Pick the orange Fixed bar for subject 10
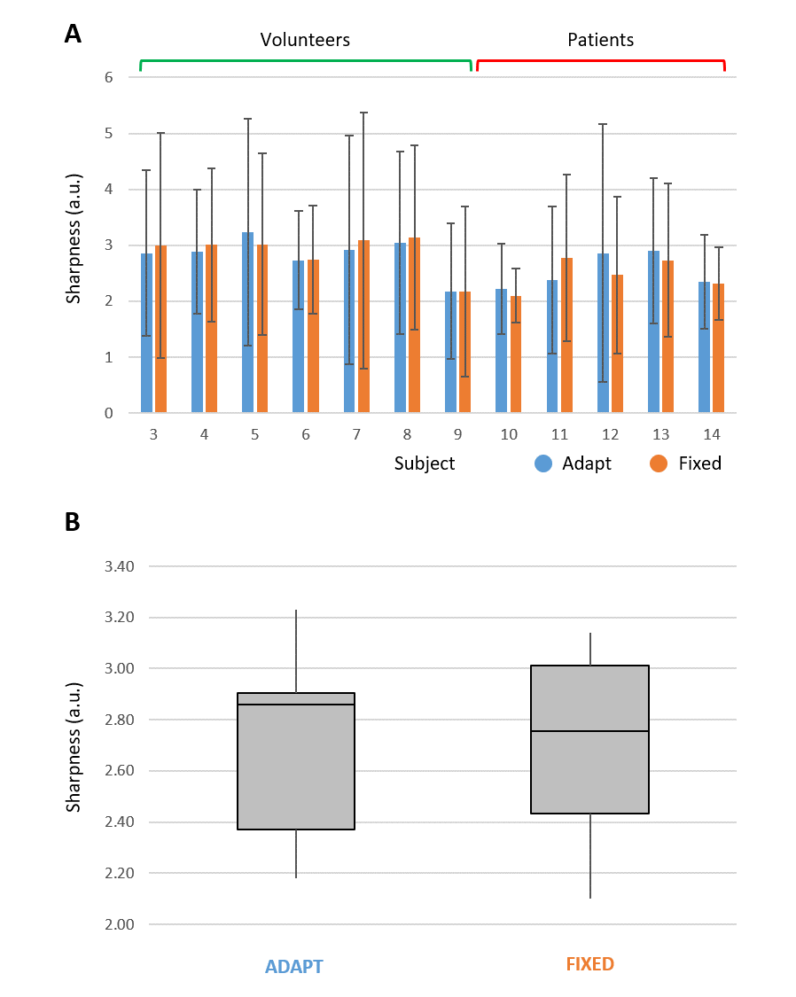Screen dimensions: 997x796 click(x=516, y=354)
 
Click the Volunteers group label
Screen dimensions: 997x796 click(x=305, y=40)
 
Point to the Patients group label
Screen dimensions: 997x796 click(x=600, y=40)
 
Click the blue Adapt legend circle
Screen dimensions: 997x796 click(x=543, y=463)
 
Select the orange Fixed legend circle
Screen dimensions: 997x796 click(x=659, y=463)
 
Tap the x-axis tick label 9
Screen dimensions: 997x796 click(x=458, y=435)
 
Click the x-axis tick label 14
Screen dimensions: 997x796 click(x=712, y=435)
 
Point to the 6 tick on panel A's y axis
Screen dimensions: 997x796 click(x=109, y=77)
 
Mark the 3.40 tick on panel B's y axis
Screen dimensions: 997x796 click(x=111, y=566)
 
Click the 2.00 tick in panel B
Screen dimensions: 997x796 click(x=111, y=924)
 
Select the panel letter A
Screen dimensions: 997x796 click(x=73, y=35)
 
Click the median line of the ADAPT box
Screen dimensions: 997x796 click(x=296, y=705)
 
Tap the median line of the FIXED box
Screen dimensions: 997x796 click(x=589, y=731)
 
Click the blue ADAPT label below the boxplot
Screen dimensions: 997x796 click(x=294, y=967)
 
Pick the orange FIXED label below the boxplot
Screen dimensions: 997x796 click(x=589, y=964)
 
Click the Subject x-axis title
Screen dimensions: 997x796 click(x=425, y=463)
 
